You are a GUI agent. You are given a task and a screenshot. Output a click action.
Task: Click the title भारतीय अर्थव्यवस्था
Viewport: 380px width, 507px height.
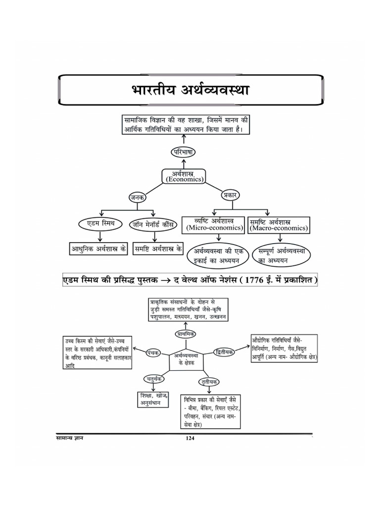click(190, 91)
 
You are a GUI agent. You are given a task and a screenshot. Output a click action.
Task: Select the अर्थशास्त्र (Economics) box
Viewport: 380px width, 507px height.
click(184, 176)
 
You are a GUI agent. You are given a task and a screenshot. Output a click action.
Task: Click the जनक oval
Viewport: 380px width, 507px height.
click(137, 197)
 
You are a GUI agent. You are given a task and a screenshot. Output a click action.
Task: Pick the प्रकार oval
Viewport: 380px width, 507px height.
click(230, 195)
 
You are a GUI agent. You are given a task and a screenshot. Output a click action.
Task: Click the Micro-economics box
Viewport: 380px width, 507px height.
click(214, 224)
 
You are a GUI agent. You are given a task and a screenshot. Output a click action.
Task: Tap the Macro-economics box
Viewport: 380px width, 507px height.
click(278, 224)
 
